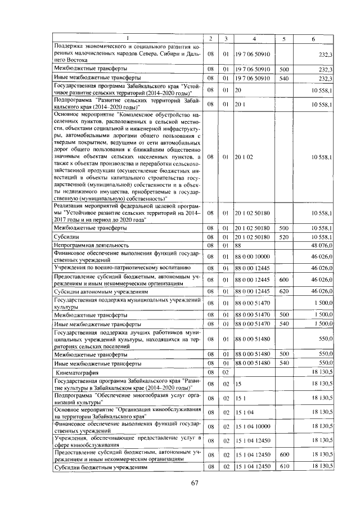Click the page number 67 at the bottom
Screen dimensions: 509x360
coord(195,483)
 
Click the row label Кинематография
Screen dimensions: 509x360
coord(76,372)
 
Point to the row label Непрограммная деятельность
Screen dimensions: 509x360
coord(90,245)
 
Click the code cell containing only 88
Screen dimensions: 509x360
coord(238,245)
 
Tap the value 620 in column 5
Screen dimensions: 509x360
coord(284,292)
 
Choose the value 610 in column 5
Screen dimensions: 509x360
coord(284,467)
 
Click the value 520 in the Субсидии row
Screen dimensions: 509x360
coord(284,237)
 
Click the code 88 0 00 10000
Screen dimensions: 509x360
coord(253,256)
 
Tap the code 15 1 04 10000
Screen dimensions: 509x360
coord(254,426)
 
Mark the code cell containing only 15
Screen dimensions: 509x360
coord(238,384)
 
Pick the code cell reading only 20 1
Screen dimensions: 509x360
coord(240,104)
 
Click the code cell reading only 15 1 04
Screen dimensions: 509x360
coord(245,412)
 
